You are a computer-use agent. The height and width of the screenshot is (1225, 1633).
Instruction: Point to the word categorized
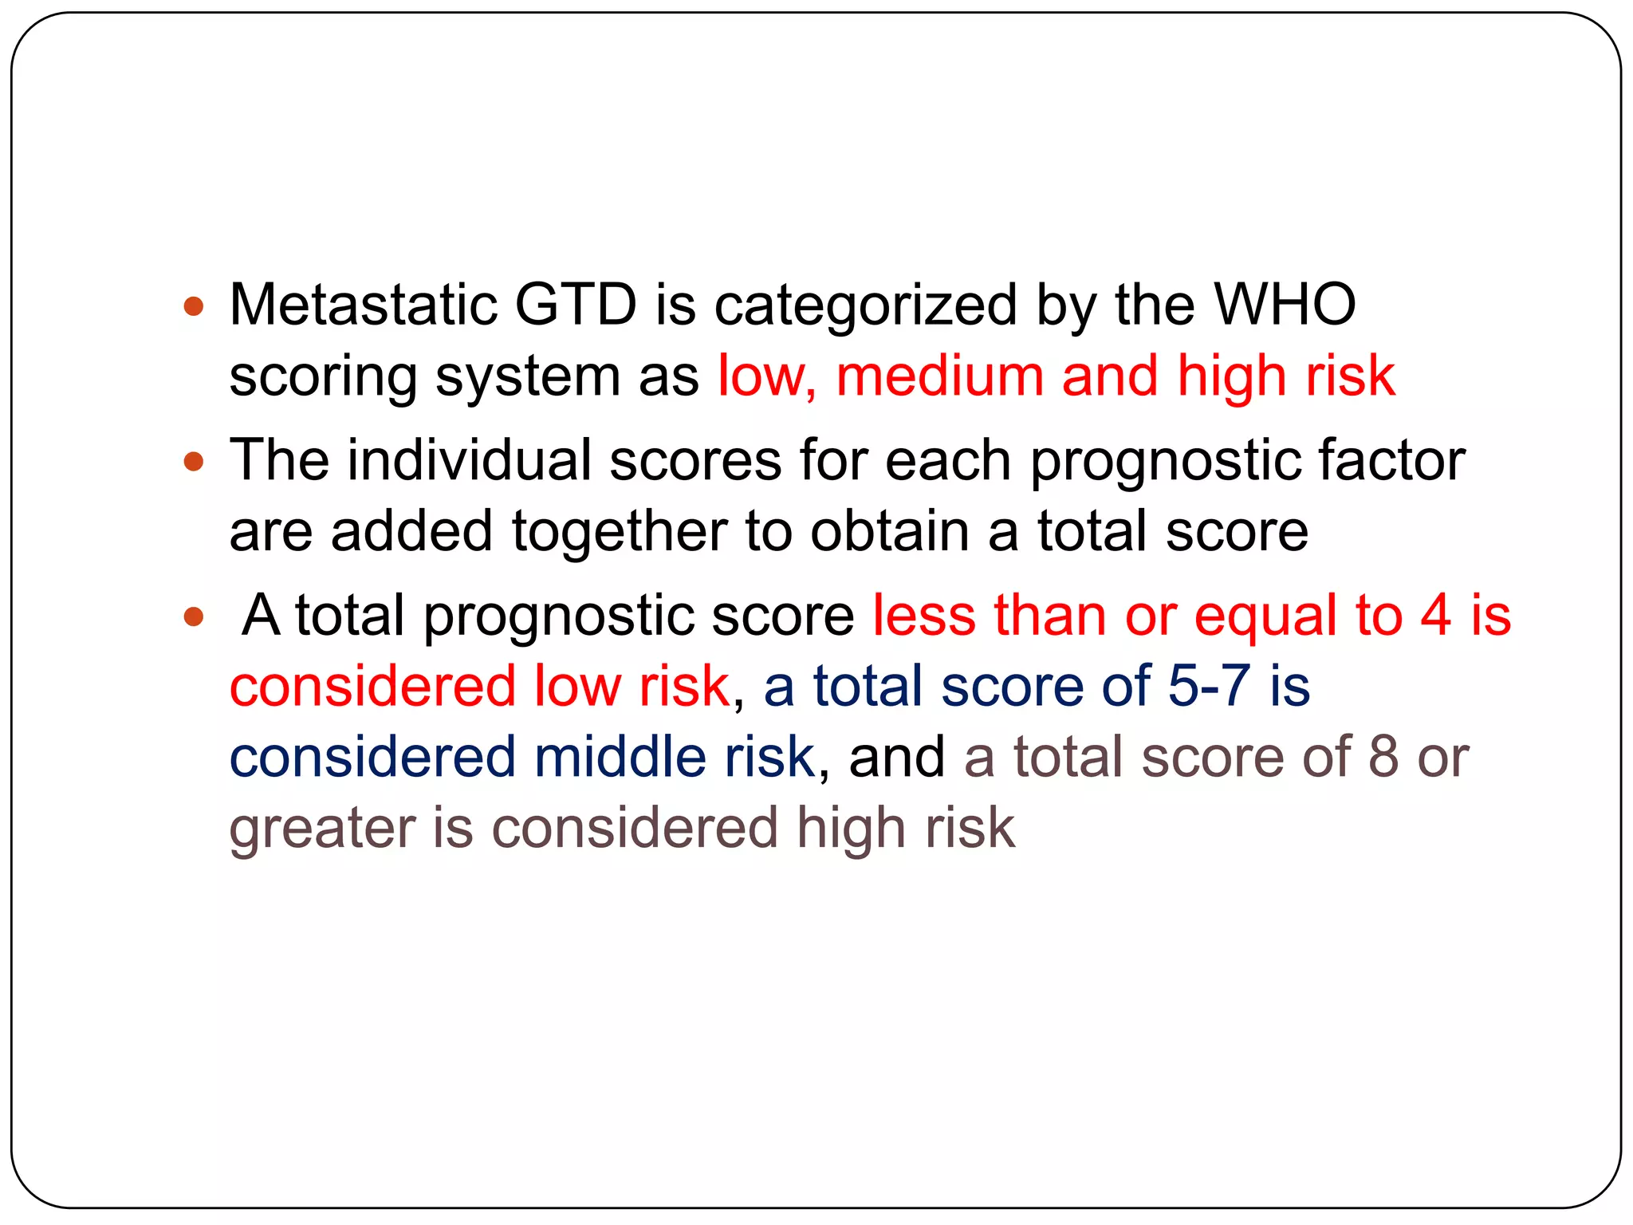tap(865, 306)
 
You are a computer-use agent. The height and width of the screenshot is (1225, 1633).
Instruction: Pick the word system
tap(527, 377)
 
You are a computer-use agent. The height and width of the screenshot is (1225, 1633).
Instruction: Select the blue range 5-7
tap(1209, 685)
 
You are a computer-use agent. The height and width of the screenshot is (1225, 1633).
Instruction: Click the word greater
tap(322, 829)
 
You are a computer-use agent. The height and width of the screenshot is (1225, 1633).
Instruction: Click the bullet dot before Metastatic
tap(194, 305)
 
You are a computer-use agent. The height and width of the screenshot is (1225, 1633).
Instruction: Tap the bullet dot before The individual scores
tap(194, 461)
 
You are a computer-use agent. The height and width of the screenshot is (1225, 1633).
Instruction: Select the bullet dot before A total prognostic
tap(194, 616)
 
